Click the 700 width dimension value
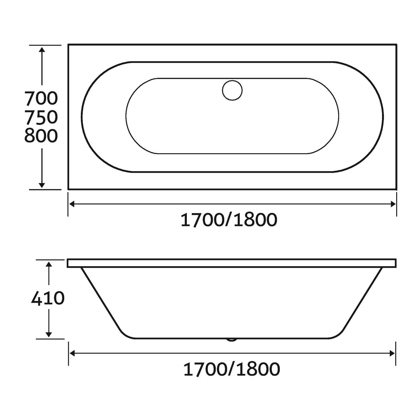click(41, 98)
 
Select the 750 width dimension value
click(41, 117)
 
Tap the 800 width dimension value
click(41, 136)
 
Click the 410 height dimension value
click(48, 298)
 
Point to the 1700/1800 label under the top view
click(229, 220)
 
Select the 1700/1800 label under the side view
click(232, 369)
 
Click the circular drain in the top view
click(232, 90)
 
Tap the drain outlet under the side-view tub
click(232, 340)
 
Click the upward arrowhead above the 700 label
click(42, 49)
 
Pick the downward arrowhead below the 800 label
click(42, 185)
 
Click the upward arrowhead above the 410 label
click(48, 264)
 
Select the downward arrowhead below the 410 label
click(48, 334)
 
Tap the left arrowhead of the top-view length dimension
click(72, 204)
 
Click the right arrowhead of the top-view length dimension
click(393, 204)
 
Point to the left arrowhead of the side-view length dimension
click(72, 353)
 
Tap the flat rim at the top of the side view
click(232, 263)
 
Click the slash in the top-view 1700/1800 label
click(229, 220)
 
